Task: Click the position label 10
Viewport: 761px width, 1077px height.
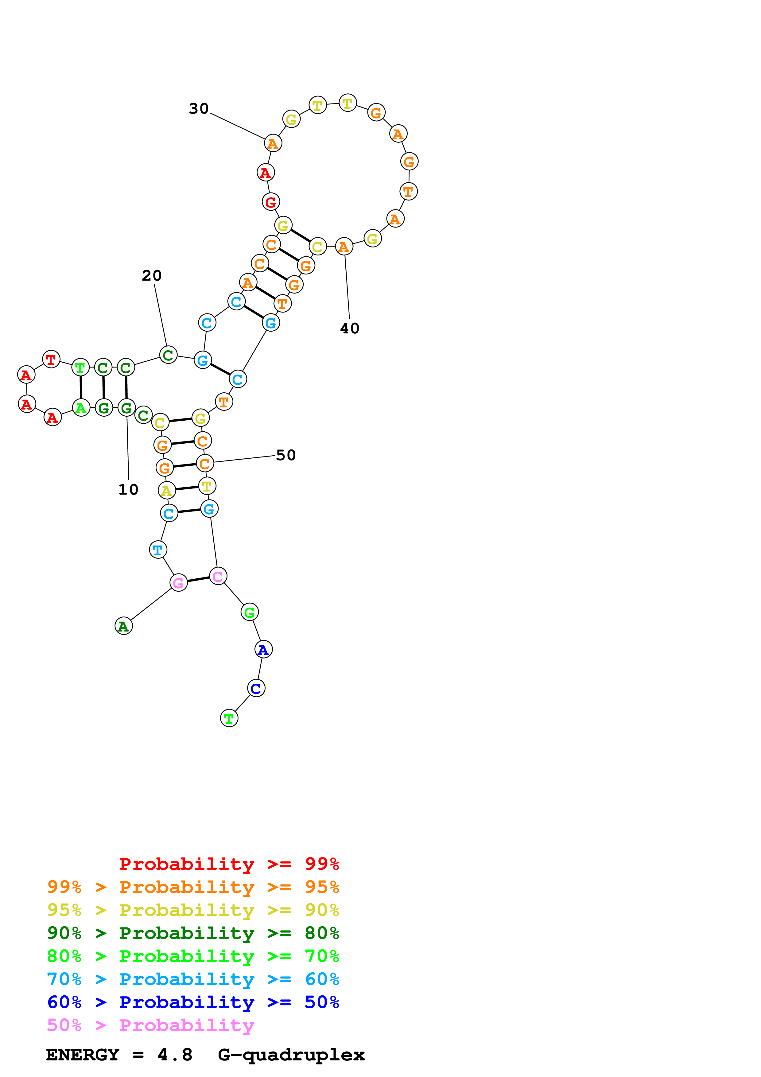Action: pos(128,489)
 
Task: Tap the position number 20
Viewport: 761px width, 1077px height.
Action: pos(151,275)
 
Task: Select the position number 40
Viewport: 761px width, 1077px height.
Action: pos(349,329)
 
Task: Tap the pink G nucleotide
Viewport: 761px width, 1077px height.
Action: pos(178,583)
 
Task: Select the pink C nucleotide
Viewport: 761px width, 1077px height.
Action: pos(218,576)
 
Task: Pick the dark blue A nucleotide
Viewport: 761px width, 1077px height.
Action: pos(263,650)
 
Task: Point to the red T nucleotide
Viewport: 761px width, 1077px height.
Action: pos(51,359)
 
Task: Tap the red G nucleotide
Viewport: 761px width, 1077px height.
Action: pos(270,202)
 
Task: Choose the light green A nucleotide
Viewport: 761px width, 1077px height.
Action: pos(81,408)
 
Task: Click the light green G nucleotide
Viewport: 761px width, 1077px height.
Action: pos(250,612)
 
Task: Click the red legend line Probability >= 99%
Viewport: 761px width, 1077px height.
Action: pos(229,864)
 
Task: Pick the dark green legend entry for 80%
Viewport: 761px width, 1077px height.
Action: pos(193,933)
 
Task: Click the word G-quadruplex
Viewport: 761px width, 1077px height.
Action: pos(291,1055)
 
